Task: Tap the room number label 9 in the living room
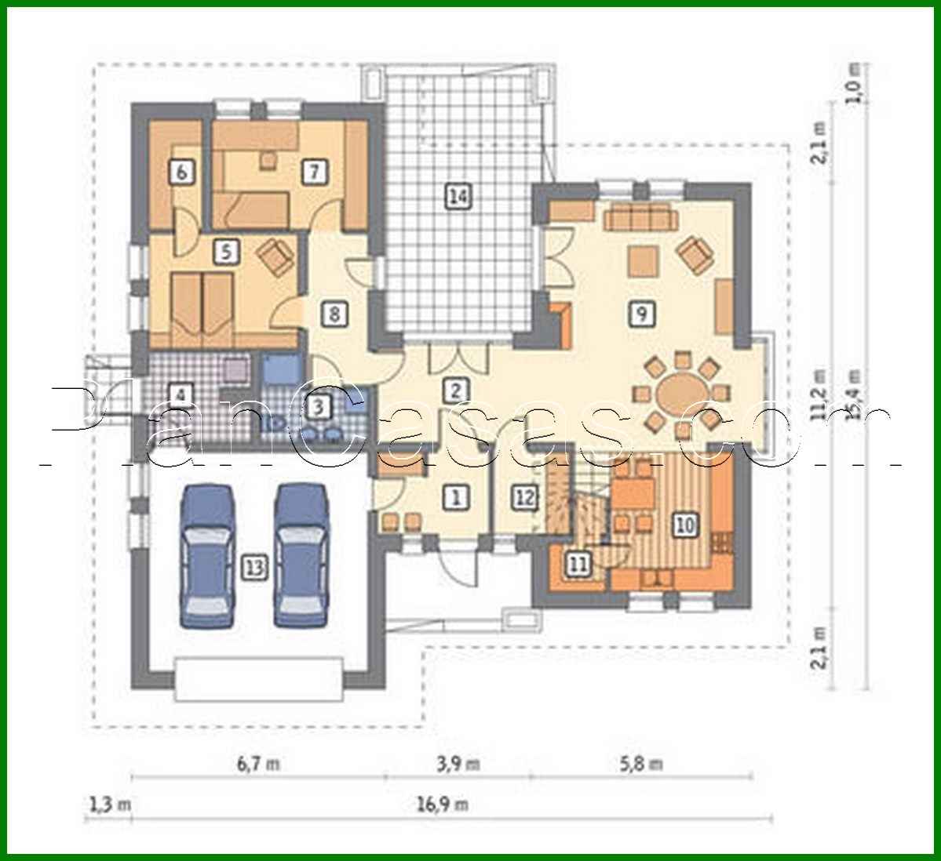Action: point(641,314)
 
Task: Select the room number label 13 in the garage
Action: point(254,567)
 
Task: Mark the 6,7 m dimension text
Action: point(257,763)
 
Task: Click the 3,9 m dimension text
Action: point(457,763)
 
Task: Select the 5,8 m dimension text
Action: point(641,763)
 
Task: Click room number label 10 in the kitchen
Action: point(685,525)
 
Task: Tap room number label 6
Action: point(181,172)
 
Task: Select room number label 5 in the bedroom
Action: point(225,252)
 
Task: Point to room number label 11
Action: point(578,564)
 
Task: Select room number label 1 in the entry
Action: point(455,496)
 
